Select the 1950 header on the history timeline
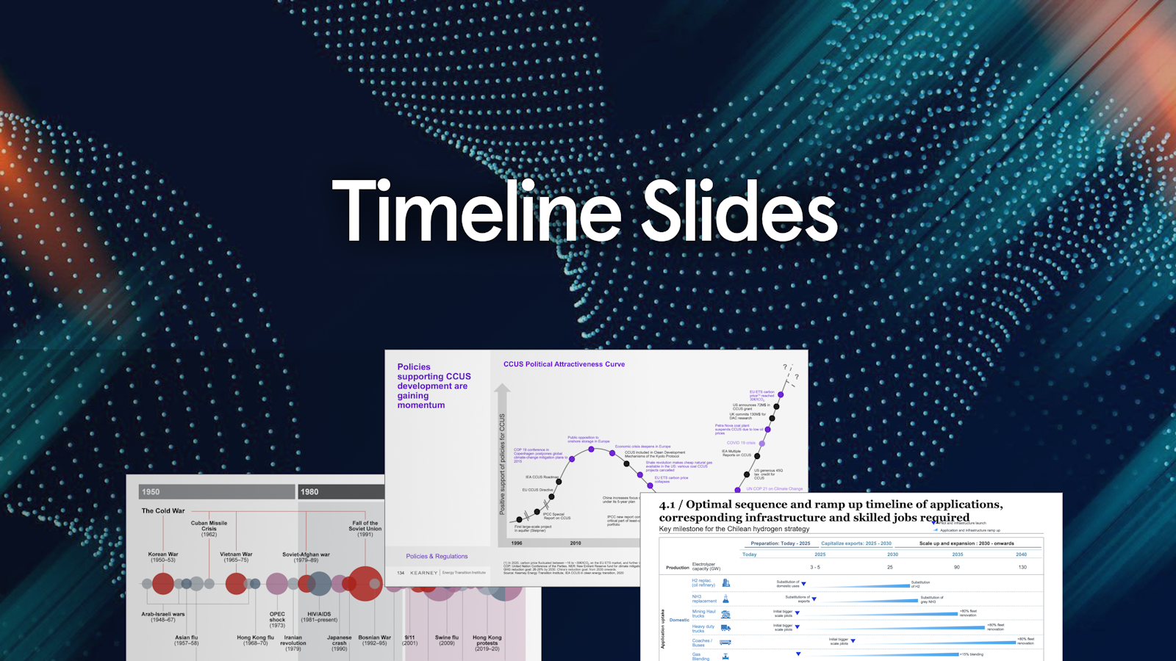(x=151, y=491)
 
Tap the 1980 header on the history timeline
(x=309, y=491)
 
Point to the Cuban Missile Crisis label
(x=209, y=528)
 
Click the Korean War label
(x=162, y=557)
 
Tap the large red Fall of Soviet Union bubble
(x=365, y=583)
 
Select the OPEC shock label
(x=277, y=619)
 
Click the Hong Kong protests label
(x=487, y=643)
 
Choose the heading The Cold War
(x=163, y=510)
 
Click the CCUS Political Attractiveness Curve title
(x=564, y=364)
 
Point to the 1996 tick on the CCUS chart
(x=517, y=543)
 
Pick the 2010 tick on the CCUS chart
(x=576, y=543)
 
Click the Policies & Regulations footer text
(x=437, y=556)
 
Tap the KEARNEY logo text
(x=424, y=573)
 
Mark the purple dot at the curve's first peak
(x=591, y=449)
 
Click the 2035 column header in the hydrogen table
(x=957, y=555)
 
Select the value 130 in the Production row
(x=1022, y=567)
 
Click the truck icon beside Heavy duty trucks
(x=725, y=628)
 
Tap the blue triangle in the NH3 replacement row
(x=814, y=599)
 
